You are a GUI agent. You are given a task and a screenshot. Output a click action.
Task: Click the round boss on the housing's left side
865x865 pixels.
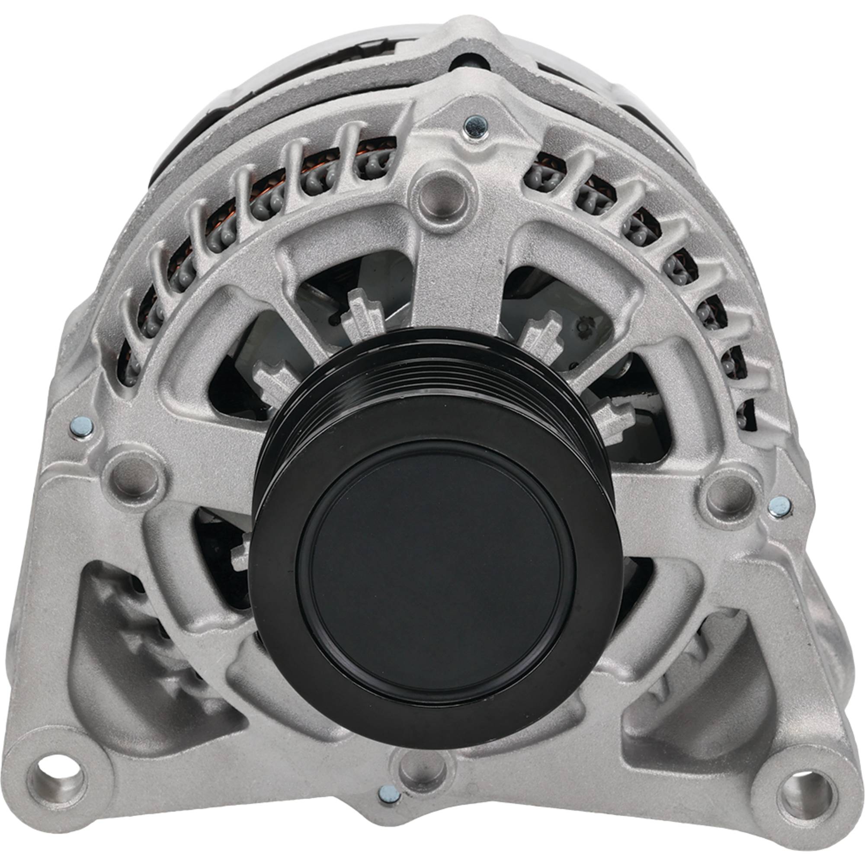point(135,477)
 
